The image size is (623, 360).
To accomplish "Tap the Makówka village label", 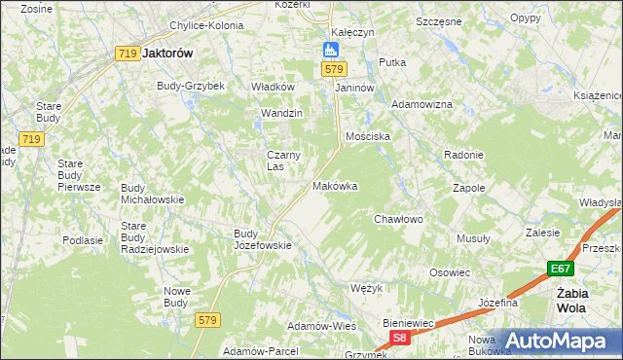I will [x=335, y=186].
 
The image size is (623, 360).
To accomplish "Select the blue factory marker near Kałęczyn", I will [x=331, y=50].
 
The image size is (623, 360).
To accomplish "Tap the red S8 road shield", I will [x=399, y=337].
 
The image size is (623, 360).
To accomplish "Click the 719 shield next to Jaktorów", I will [x=126, y=54].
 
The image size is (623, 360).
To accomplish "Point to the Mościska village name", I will [x=367, y=136].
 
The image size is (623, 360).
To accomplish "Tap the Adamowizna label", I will [x=421, y=103].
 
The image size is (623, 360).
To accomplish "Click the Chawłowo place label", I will [x=399, y=219].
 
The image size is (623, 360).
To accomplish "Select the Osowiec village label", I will [x=450, y=272].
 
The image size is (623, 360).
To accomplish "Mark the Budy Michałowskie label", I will [x=153, y=193].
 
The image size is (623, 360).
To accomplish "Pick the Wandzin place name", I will [x=281, y=113].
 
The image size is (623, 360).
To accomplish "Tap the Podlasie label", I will [x=83, y=239].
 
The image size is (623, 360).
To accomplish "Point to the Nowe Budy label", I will [x=176, y=296].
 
